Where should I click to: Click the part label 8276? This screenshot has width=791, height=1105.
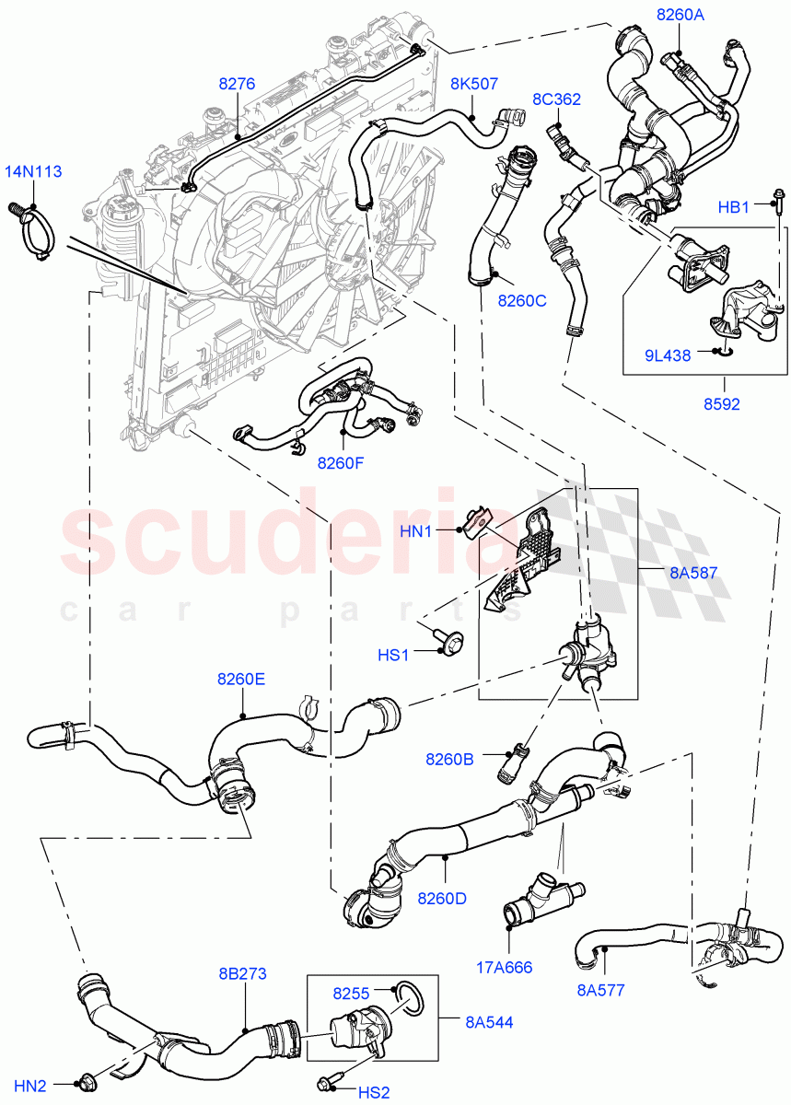coord(237,84)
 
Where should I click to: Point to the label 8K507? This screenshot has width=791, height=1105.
coord(474,84)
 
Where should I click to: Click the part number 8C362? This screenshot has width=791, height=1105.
coord(556,99)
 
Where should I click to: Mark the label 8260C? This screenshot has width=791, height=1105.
coord(522,300)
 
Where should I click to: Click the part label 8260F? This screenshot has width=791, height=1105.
coord(341,463)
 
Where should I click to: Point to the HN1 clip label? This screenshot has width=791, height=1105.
coord(440,530)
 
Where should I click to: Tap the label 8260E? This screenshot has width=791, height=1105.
coord(241,680)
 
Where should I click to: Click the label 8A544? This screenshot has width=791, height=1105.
coord(491,1022)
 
